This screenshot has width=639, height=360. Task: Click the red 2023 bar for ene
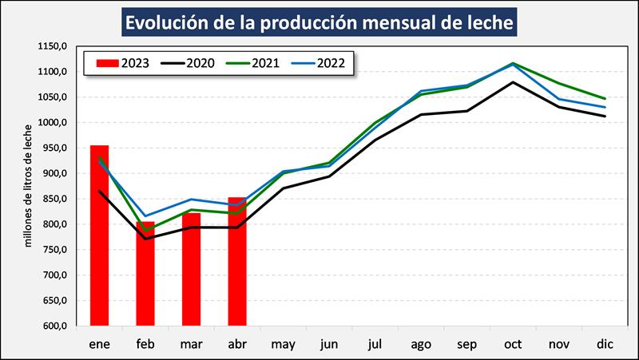pos(99,235)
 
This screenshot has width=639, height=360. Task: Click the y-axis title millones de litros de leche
pos(29,185)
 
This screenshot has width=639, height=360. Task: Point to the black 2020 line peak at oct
pos(513,82)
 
